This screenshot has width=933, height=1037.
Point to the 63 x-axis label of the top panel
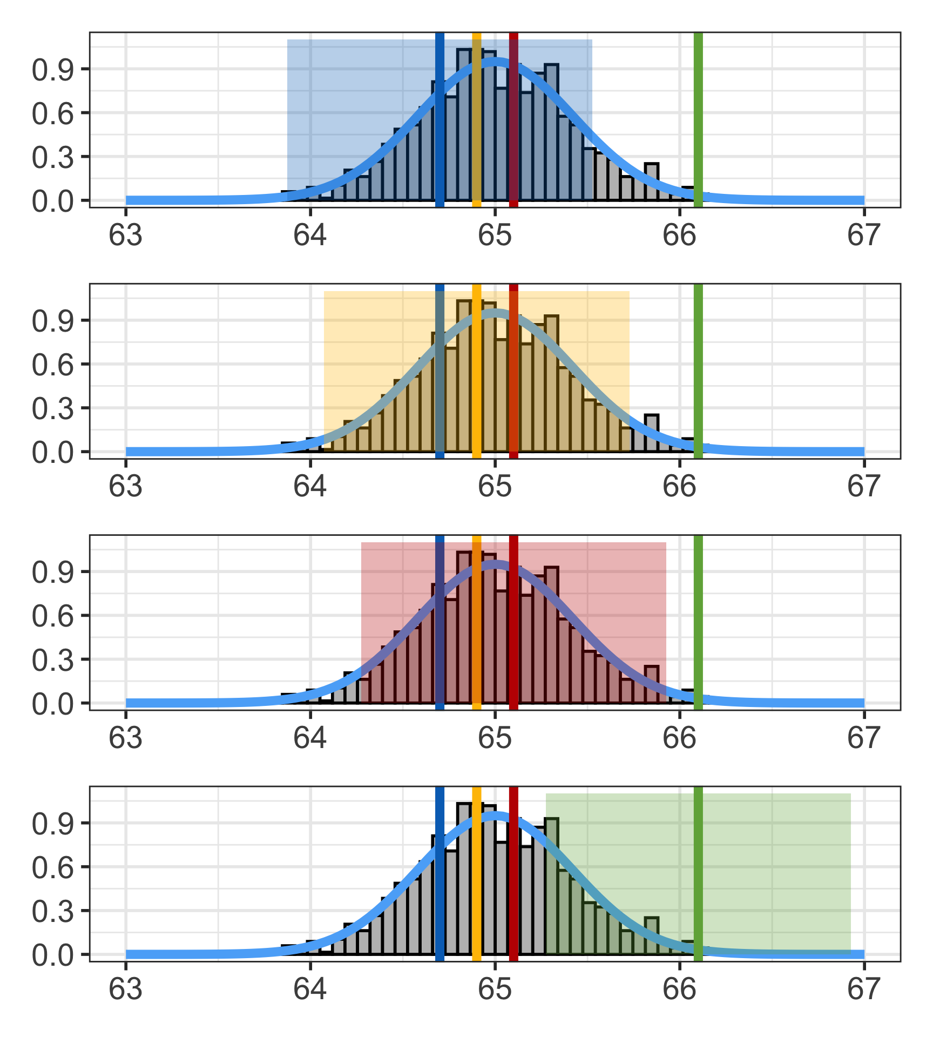[126, 235]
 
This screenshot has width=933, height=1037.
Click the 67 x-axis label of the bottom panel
[864, 989]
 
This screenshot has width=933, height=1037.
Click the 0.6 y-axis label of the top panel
[52, 114]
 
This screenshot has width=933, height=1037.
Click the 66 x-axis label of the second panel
[679, 487]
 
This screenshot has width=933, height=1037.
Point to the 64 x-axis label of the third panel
[310, 738]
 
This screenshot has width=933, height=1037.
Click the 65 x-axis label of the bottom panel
[495, 989]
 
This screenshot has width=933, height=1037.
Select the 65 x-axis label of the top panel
[495, 235]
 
